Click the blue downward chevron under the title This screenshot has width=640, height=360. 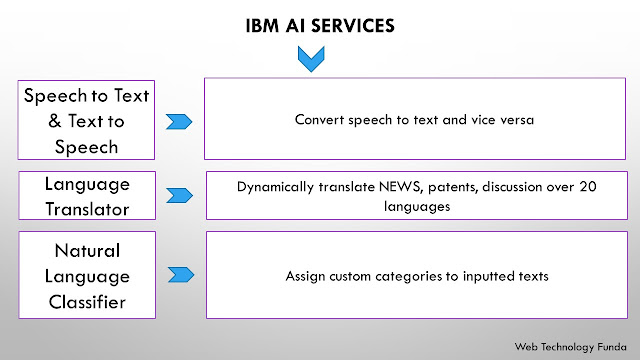pos(311,59)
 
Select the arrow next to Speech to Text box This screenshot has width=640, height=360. pos(179,122)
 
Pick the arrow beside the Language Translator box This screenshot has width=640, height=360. pos(180,196)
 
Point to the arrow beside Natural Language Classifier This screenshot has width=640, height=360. pos(181,275)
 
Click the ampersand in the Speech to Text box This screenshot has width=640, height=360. pos(55,121)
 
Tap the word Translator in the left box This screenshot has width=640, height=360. pos(87,209)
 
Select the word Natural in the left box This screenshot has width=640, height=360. pos(87,251)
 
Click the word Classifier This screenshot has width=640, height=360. pos(87,302)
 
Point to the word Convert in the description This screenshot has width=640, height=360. pos(320,120)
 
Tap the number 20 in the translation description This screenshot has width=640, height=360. pos(588,187)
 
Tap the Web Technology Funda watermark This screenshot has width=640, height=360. pos(570,347)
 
